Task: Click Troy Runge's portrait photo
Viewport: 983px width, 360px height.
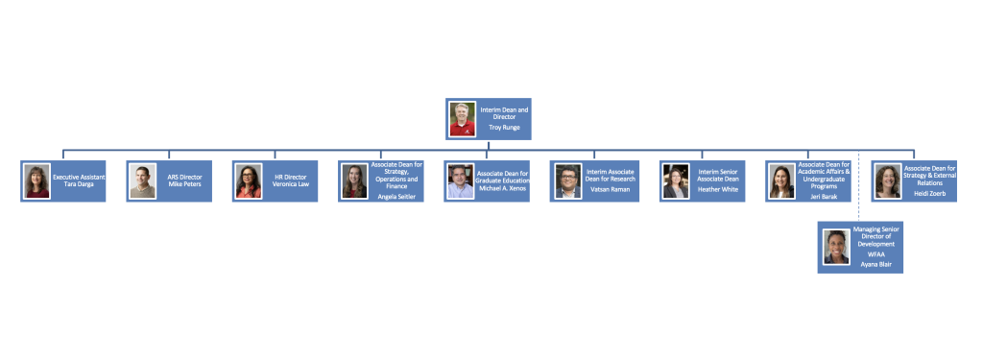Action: (463, 119)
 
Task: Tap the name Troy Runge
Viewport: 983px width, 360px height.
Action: (505, 128)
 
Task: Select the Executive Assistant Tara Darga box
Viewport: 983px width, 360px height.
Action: (62, 181)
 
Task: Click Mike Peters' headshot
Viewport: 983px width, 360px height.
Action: (142, 181)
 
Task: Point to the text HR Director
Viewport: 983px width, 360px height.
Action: (290, 178)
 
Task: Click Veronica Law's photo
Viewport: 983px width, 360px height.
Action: (249, 181)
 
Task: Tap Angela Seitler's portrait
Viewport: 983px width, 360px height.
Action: (354, 181)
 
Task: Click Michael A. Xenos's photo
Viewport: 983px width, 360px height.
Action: (460, 181)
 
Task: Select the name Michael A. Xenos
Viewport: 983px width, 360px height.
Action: (503, 188)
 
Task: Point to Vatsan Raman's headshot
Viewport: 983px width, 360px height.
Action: (568, 181)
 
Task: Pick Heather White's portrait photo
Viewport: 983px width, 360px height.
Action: (676, 181)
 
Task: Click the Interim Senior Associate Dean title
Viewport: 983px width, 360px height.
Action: (718, 175)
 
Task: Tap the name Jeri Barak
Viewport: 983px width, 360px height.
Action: (823, 197)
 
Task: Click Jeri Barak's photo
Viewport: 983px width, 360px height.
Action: (781, 181)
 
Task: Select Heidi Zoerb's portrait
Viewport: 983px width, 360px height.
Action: (888, 181)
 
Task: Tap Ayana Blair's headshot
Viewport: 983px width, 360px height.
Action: (836, 247)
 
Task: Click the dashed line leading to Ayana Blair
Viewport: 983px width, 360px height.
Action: (859, 185)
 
